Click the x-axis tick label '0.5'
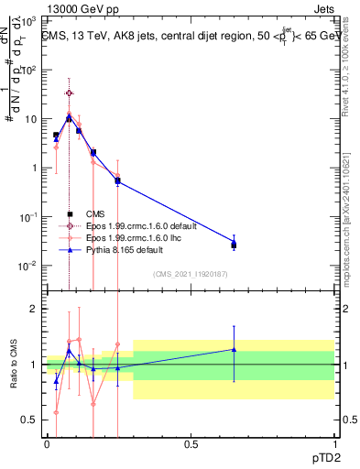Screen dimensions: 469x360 pyautogui.click(x=191, y=444)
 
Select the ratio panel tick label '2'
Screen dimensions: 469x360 pyautogui.click(x=33, y=309)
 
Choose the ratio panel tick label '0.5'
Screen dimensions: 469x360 pyautogui.click(x=29, y=420)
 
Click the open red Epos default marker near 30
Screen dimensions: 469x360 pyautogui.click(x=69, y=93)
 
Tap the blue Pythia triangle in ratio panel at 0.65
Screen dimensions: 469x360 pyautogui.click(x=234, y=349)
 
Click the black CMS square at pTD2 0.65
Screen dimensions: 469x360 pyautogui.click(x=234, y=245)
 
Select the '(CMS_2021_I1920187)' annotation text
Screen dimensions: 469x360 pyautogui.click(x=191, y=273)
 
